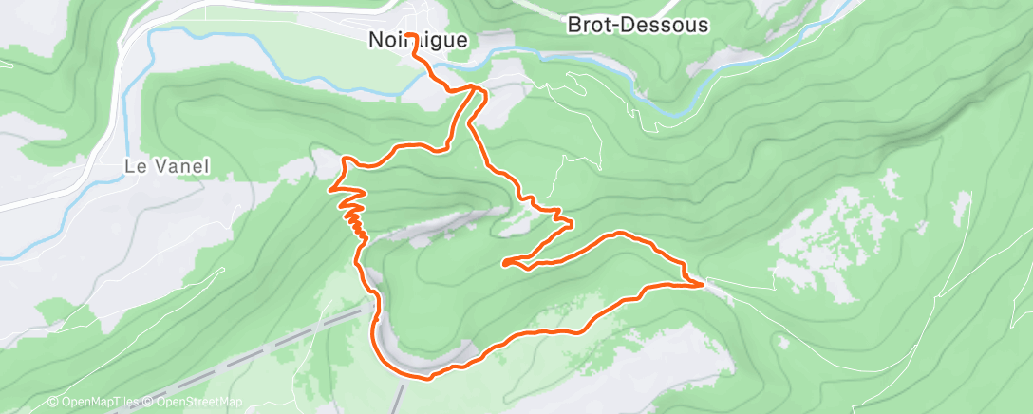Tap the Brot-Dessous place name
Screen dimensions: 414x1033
pyautogui.click(x=637, y=26)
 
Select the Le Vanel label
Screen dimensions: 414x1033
pyautogui.click(x=166, y=165)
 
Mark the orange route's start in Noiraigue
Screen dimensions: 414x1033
pyautogui.click(x=415, y=47)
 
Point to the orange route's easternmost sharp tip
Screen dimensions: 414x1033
pyautogui.click(x=703, y=283)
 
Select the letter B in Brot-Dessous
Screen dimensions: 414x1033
pyautogui.click(x=573, y=26)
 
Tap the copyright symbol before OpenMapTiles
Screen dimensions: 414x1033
pyautogui.click(x=52, y=403)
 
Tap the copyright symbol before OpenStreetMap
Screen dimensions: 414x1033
pyautogui.click(x=149, y=403)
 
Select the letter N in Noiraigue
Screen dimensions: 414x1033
pyautogui.click(x=374, y=40)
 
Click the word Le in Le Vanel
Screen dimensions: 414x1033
pyautogui.click(x=134, y=165)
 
